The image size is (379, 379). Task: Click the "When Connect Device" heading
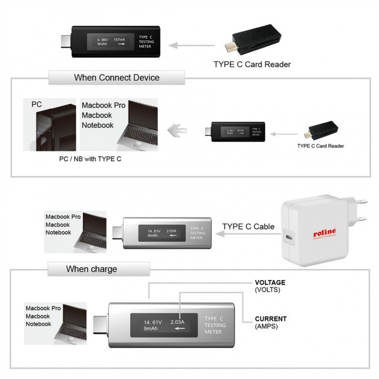point(117,78)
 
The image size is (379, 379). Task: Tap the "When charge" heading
point(91,269)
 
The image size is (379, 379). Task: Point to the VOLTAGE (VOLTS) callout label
point(270,286)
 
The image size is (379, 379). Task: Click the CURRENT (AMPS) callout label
point(270,322)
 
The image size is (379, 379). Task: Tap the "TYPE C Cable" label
point(248,226)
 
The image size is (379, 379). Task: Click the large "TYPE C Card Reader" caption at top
point(252,65)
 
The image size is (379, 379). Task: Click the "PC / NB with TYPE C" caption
point(90,159)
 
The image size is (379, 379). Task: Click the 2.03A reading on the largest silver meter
point(177,322)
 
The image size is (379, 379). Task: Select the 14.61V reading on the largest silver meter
point(153,322)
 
